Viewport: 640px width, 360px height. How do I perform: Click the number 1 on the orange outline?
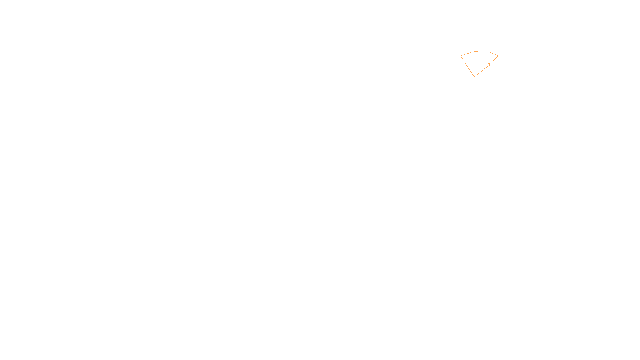click(x=489, y=65)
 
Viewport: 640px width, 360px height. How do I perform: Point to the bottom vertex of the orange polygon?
click(x=474, y=76)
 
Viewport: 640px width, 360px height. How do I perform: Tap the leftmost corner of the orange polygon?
click(x=461, y=56)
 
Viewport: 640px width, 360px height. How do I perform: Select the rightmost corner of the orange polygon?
click(x=498, y=56)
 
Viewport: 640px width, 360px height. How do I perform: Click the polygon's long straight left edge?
click(x=467, y=66)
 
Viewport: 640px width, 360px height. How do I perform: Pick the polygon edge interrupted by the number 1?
click(x=482, y=70)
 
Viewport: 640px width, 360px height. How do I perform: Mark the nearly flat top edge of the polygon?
click(x=482, y=52)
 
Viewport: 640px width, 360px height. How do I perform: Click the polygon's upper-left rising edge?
click(x=468, y=54)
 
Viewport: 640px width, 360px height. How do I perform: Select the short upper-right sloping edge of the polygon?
click(x=494, y=54)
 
